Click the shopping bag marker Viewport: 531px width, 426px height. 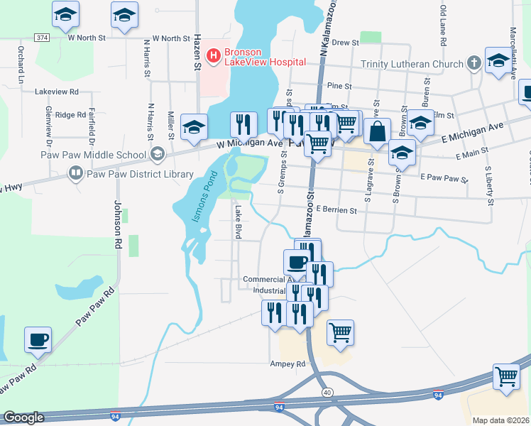tap(377, 131)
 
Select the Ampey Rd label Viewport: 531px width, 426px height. tap(288, 364)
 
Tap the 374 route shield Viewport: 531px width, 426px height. tap(42, 38)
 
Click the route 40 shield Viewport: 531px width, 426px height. tap(327, 392)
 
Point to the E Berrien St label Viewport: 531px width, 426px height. tap(346, 209)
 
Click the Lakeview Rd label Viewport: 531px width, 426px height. tap(56, 92)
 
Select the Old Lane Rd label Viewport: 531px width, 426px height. tap(442, 25)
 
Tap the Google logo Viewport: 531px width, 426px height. tap(23, 417)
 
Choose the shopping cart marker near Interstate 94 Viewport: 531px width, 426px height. tap(506, 377)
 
